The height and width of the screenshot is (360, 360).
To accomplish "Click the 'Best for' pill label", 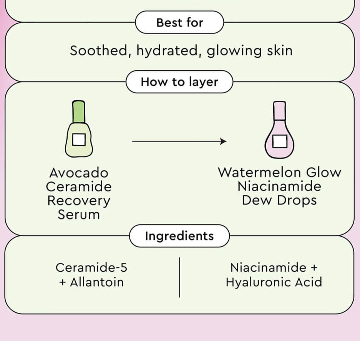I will (x=179, y=23).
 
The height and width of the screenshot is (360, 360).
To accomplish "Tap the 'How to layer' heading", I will (x=179, y=82).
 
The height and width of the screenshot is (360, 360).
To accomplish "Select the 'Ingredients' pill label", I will (x=179, y=236).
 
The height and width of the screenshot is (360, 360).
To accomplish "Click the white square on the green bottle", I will (x=79, y=139).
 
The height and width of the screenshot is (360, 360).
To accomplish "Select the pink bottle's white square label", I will (x=279, y=141).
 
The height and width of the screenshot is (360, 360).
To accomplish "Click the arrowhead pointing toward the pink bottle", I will (x=224, y=141).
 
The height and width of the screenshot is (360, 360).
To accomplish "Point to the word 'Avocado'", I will (x=79, y=173).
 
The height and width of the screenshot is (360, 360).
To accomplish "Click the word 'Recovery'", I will (x=79, y=201).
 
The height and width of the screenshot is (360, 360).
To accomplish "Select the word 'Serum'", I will (x=79, y=214).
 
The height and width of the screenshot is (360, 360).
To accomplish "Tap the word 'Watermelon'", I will (x=256, y=173).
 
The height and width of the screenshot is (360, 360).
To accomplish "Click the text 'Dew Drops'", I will (x=279, y=201).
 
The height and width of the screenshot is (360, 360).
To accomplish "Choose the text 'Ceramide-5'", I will (x=91, y=267).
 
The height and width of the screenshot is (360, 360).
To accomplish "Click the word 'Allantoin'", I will (x=97, y=282).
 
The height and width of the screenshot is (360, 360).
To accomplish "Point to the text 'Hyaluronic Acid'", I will (x=274, y=282).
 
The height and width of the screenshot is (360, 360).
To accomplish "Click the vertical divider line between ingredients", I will (x=179, y=277).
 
